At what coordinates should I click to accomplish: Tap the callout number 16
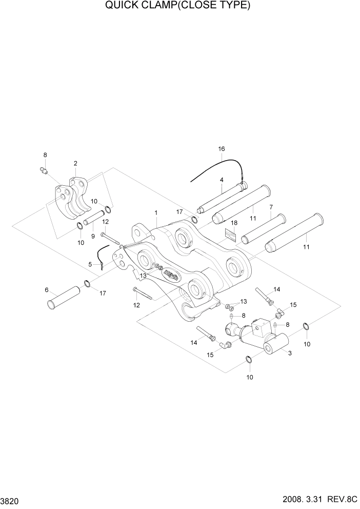click(x=222, y=149)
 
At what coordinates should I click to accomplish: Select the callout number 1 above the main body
click(x=156, y=212)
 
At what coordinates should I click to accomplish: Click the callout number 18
click(x=234, y=223)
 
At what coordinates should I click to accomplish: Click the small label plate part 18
click(x=231, y=234)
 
